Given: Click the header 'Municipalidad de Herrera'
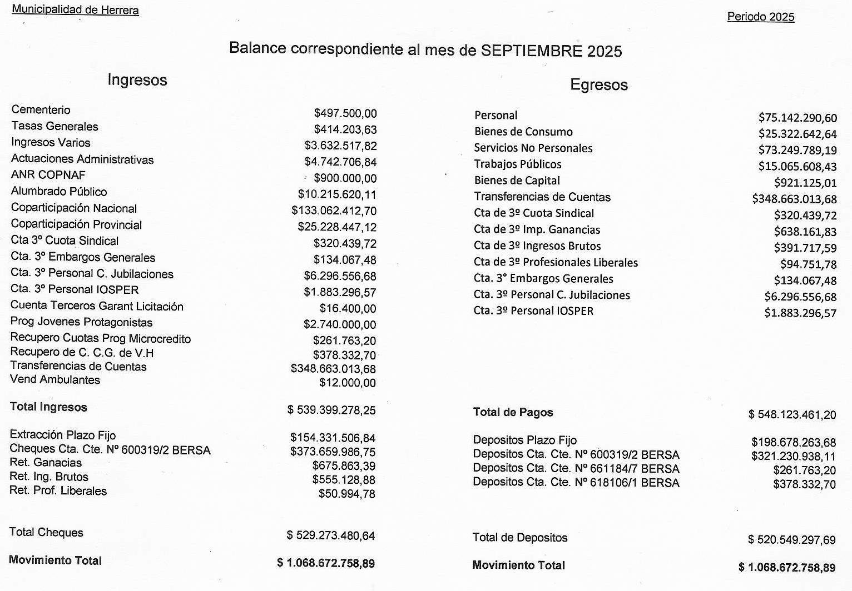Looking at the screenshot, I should tap(75, 10).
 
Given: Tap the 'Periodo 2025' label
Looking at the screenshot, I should tap(760, 17).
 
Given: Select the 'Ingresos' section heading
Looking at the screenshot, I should tap(137, 80).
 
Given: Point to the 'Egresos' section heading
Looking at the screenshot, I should tap(598, 85).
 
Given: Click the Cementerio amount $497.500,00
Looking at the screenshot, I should tap(345, 113).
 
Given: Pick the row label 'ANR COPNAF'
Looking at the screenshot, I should tap(48, 175).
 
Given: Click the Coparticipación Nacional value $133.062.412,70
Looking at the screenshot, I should tap(334, 211).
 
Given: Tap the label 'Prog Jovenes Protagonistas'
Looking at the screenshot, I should tap(81, 322).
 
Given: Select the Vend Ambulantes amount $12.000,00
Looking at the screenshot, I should tap(347, 383).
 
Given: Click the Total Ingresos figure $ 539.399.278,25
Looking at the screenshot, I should tap(331, 410).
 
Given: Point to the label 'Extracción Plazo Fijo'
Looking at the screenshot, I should tap(63, 435).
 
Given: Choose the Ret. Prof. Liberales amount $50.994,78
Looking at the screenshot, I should tap(346, 494).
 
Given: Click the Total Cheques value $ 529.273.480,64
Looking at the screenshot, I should tap(331, 535).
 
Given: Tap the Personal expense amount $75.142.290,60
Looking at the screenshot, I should tap(797, 118).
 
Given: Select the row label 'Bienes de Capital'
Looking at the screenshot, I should tap(517, 181).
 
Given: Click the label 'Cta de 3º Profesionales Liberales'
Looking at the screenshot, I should tap(556, 262).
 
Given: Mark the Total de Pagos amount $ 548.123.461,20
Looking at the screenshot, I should tap(792, 414).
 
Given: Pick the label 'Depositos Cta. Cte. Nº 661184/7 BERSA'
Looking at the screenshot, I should tap(576, 468).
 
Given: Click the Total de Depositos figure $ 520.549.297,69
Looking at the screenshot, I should tap(791, 539).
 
